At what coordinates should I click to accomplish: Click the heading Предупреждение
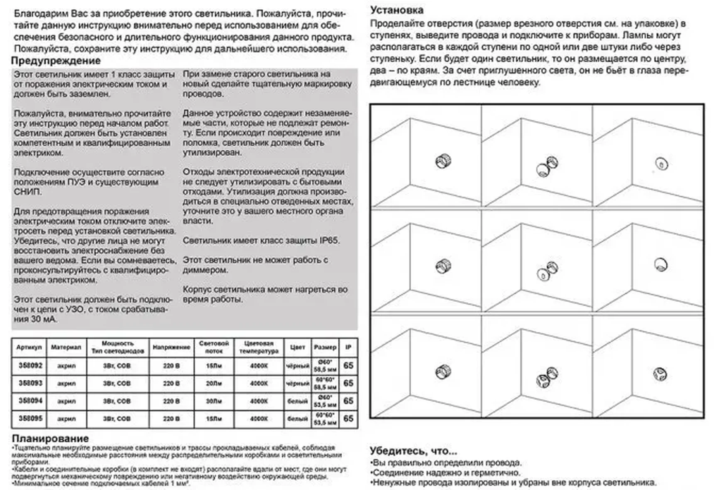pos(56,61)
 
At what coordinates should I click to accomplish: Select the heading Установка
pos(396,10)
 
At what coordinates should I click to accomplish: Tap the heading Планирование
pos(50,438)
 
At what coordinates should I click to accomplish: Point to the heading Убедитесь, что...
pos(413,451)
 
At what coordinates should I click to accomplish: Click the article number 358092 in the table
pos(30,365)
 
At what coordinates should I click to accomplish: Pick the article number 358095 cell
pos(30,418)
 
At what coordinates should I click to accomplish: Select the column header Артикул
pos(29,347)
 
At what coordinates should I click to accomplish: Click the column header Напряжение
pos(171,347)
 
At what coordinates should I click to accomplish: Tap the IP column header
pos(348,347)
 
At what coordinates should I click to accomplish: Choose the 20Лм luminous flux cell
pos(214,383)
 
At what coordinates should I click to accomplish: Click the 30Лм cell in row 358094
pos(214,401)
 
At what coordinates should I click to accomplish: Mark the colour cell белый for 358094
pos(297,401)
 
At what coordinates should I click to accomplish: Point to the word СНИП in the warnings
pos(27,192)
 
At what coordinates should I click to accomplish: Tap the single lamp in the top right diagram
pos(661,163)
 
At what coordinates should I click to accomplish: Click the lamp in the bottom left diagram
pos(443,371)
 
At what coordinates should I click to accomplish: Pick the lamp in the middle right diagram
pos(660,264)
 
